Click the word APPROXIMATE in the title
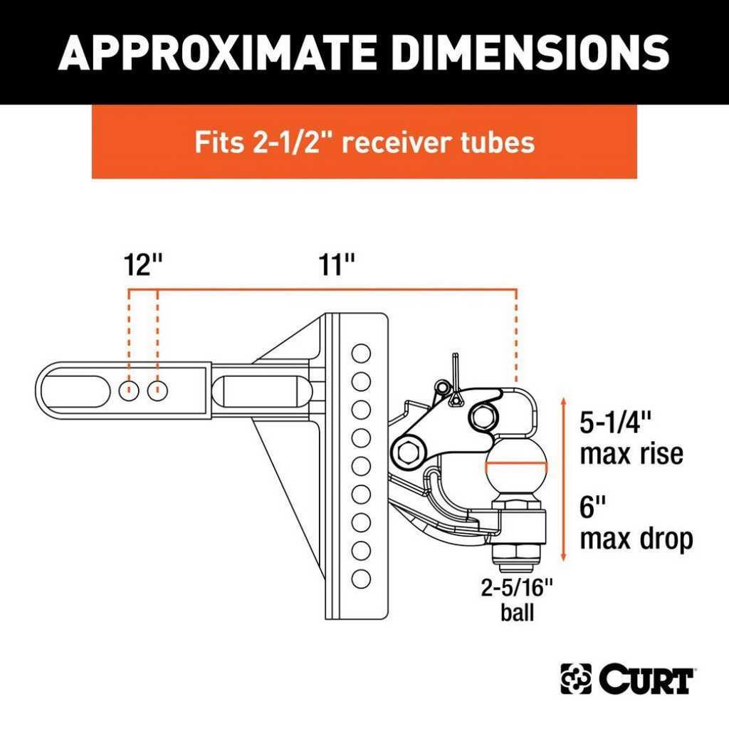[218, 52]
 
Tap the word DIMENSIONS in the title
[530, 52]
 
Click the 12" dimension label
[143, 264]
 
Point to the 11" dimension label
[337, 264]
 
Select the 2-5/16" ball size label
[517, 587]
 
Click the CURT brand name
[646, 680]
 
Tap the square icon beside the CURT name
[576, 679]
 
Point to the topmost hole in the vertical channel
[361, 353]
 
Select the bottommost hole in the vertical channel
[361, 579]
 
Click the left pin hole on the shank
[129, 391]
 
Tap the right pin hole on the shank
[157, 391]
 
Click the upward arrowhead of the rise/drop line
[564, 401]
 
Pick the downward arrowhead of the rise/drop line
[564, 557]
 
